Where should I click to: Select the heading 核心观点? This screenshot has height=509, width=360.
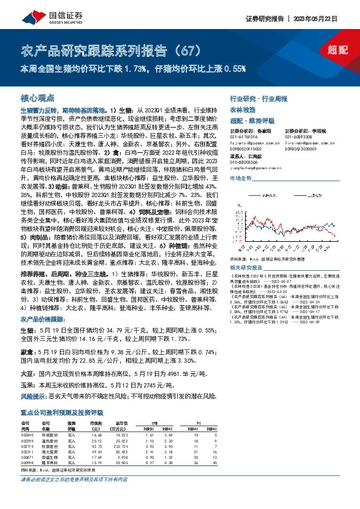tap(38, 97)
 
